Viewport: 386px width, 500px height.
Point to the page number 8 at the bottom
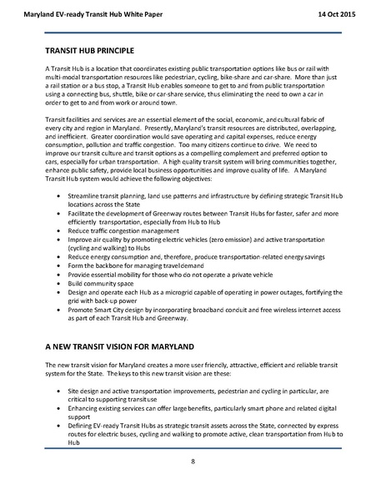[193, 461]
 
